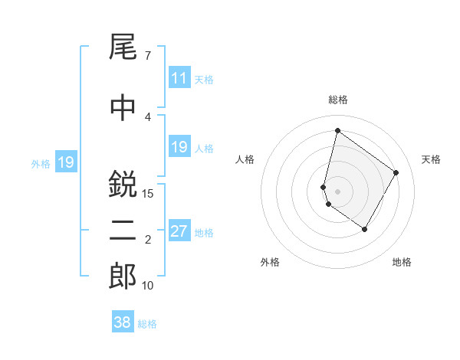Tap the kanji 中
(x=123, y=108)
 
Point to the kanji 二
(x=123, y=231)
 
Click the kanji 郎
(x=123, y=277)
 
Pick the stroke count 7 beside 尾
(x=147, y=56)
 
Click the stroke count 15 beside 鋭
(x=148, y=194)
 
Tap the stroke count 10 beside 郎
(x=148, y=286)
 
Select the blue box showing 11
(x=179, y=78)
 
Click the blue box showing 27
(x=179, y=231)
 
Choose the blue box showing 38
(x=122, y=322)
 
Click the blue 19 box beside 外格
(x=65, y=162)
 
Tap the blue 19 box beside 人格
(x=179, y=147)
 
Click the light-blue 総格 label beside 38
(x=147, y=324)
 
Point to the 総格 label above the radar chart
(x=337, y=100)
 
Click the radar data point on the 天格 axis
(x=396, y=172)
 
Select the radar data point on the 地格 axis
(x=364, y=229)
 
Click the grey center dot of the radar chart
(x=337, y=191)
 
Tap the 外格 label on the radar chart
(x=270, y=262)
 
